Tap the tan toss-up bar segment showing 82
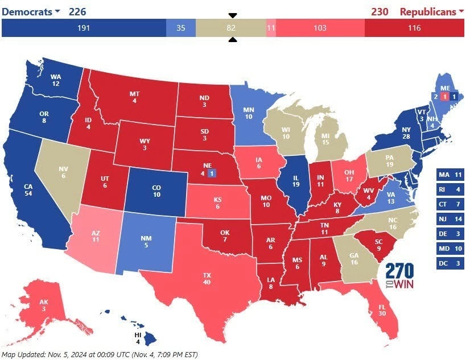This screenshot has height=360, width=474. tap(230, 27)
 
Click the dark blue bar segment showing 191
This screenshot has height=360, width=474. tap(84, 27)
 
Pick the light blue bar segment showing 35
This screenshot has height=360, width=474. tap(181, 27)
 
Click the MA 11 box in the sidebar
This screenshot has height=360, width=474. tap(451, 175)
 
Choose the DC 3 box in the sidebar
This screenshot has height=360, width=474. tap(451, 263)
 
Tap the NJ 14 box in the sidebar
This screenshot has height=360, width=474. tap(451, 219)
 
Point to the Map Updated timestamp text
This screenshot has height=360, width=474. tap(100, 354)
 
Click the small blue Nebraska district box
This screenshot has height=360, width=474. tap(211, 173)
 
